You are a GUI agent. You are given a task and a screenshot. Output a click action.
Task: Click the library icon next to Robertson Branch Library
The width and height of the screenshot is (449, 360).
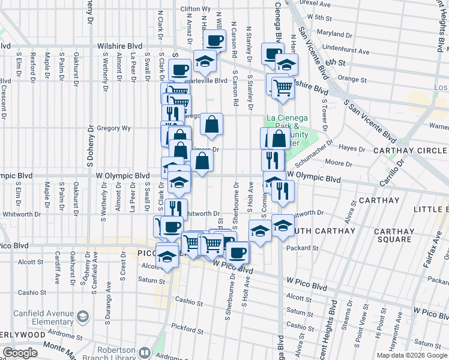click(143, 352)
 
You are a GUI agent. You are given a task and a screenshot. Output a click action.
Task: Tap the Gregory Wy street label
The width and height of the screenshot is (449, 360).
click(113, 128)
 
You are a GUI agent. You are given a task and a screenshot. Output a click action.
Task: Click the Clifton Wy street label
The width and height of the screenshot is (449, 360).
click(195, 9)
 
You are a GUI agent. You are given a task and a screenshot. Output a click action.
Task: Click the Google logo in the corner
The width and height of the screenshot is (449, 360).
click(20, 353)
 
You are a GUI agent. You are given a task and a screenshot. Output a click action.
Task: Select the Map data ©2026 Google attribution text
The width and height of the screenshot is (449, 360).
click(412, 355)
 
